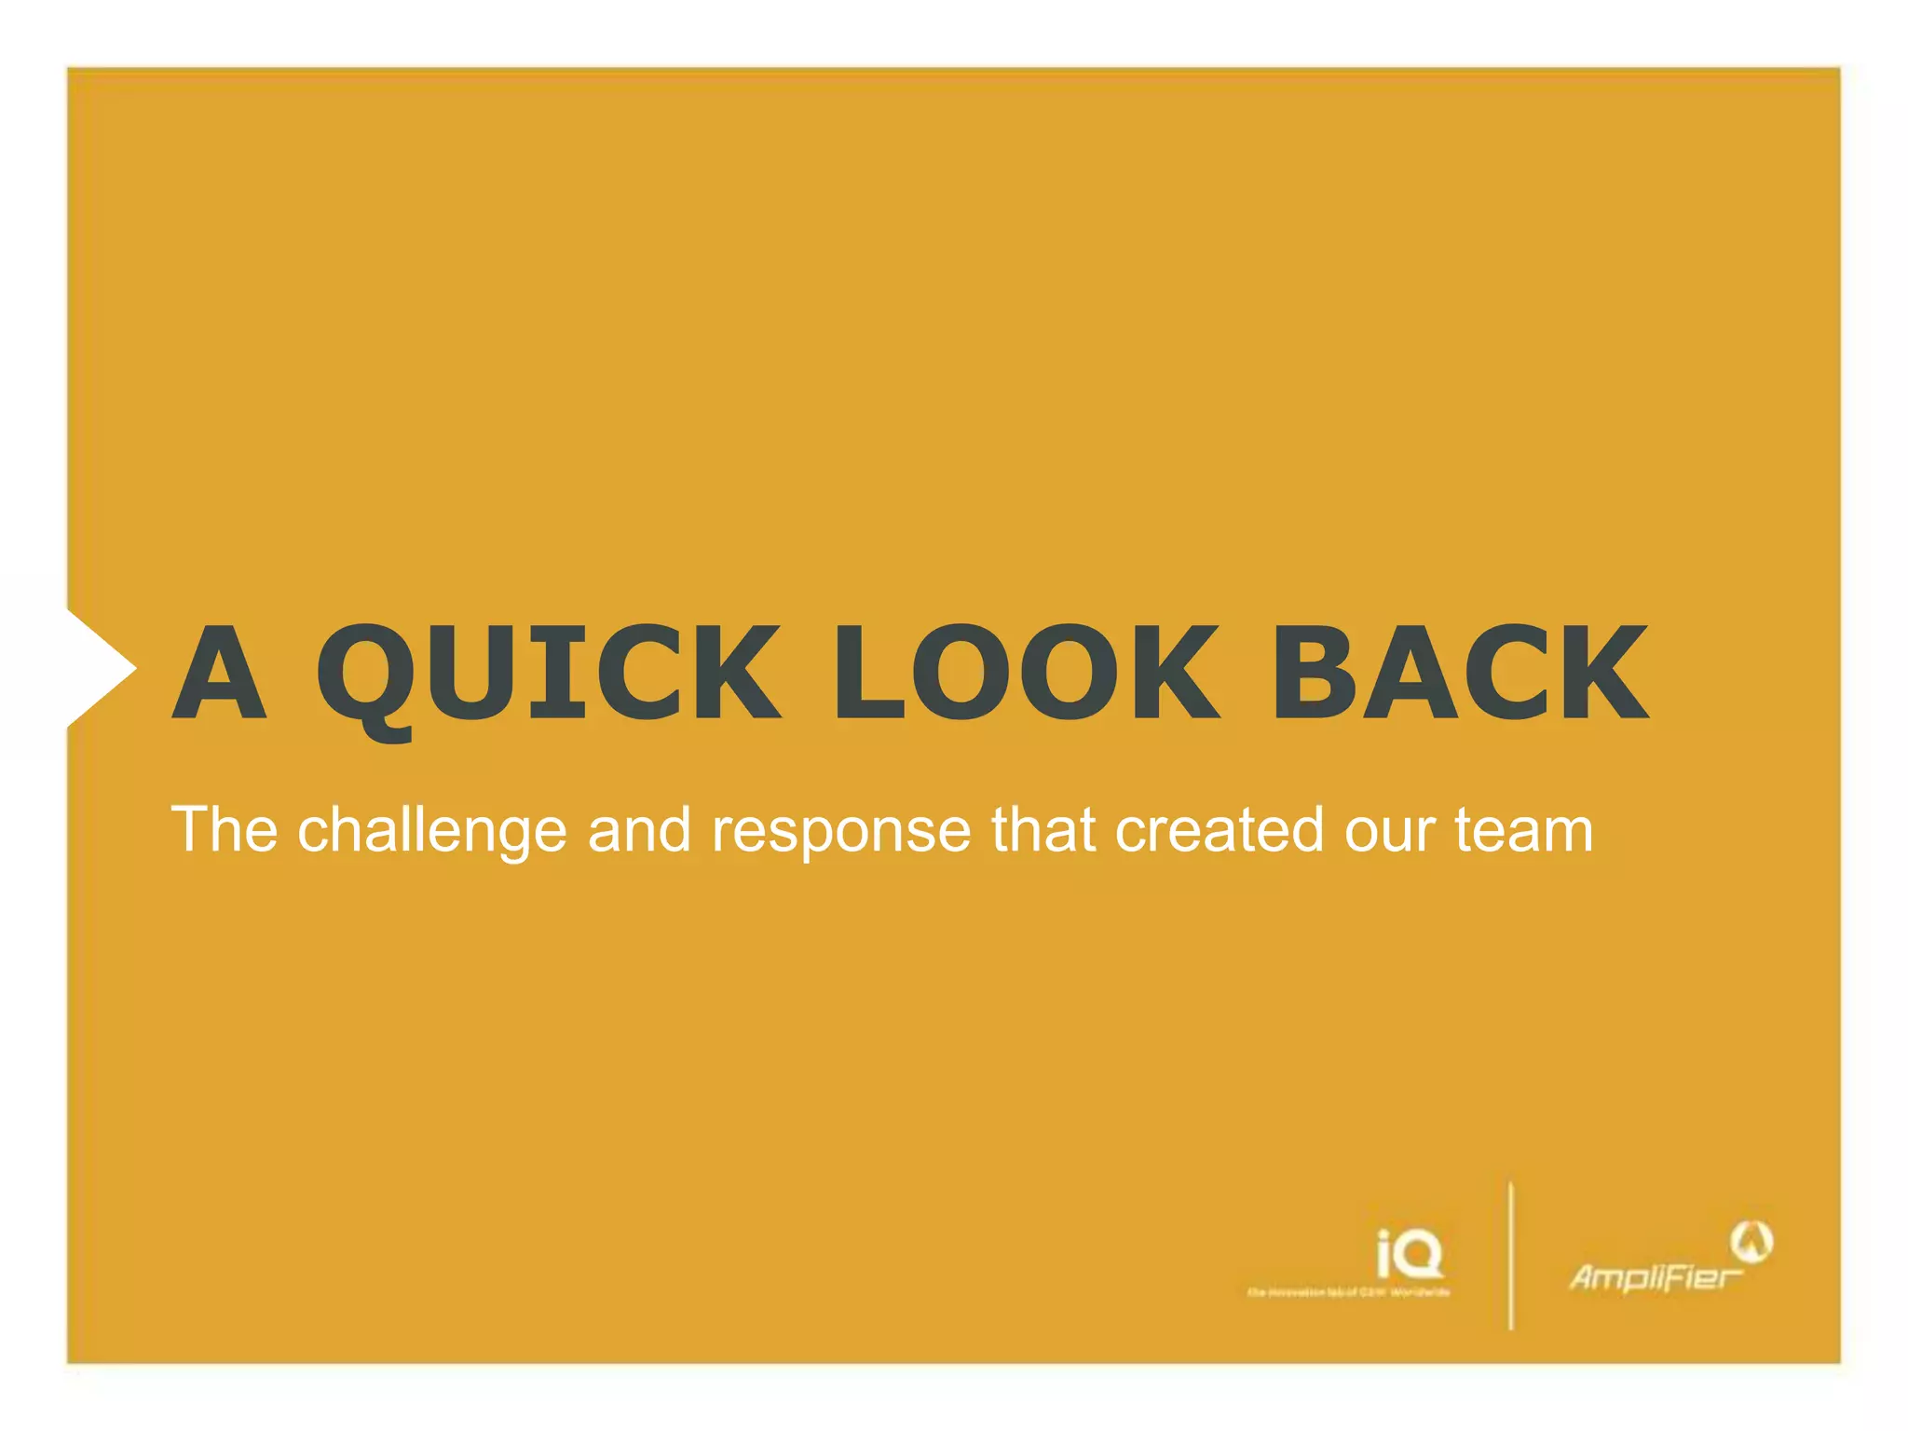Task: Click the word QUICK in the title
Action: tap(548, 673)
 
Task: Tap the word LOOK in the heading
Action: tap(1025, 673)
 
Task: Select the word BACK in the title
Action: tap(1460, 673)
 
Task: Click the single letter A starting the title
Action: tap(220, 673)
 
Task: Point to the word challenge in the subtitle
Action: tap(431, 831)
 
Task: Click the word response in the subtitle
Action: tap(841, 831)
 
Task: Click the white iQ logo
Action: tap(1410, 1254)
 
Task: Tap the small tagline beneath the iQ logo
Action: tap(1348, 1292)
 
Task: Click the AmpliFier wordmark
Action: tap(1654, 1277)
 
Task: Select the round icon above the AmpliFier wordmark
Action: tap(1751, 1241)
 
